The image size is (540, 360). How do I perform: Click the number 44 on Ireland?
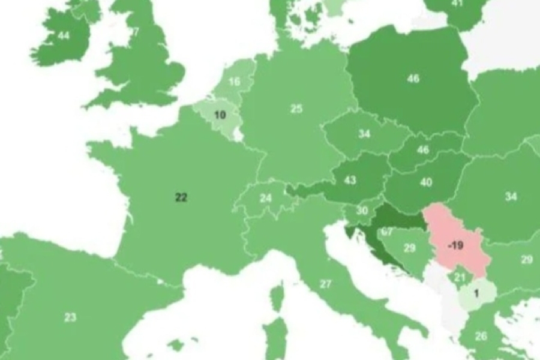pyautogui.click(x=64, y=36)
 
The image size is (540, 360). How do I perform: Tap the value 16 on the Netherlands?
pyautogui.click(x=234, y=82)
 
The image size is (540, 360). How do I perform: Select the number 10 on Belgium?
pyautogui.click(x=220, y=115)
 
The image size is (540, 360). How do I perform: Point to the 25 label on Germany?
pyautogui.click(x=296, y=109)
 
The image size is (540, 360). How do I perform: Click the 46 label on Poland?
pyautogui.click(x=413, y=79)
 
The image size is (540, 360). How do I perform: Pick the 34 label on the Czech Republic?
pyautogui.click(x=364, y=134)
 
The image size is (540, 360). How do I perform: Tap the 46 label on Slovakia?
pyautogui.click(x=423, y=150)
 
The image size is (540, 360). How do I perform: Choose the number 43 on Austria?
pyautogui.click(x=350, y=180)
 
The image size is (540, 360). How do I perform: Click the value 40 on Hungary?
pyautogui.click(x=426, y=182)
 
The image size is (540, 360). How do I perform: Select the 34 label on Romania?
pyautogui.click(x=511, y=196)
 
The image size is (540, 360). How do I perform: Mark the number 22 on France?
pyautogui.click(x=181, y=197)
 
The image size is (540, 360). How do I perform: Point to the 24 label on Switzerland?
pyautogui.click(x=266, y=197)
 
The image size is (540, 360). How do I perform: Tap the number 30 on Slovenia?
pyautogui.click(x=362, y=211)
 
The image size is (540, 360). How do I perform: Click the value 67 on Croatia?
pyautogui.click(x=386, y=232)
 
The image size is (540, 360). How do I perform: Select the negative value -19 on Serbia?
pyautogui.click(x=456, y=245)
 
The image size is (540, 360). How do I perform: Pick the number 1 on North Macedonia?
pyautogui.click(x=476, y=293)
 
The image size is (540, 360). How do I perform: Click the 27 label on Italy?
pyautogui.click(x=326, y=284)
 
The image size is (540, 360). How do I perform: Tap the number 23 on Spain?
pyautogui.click(x=70, y=317)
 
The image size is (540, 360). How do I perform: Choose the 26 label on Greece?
pyautogui.click(x=481, y=336)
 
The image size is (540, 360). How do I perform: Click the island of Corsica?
pyautogui.click(x=277, y=298)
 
